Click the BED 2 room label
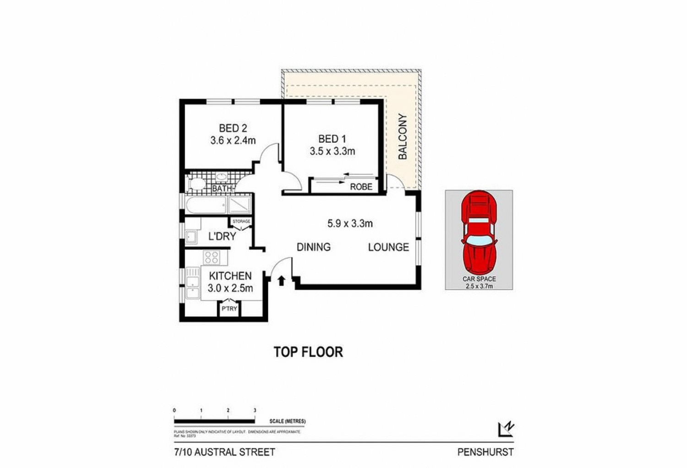(233, 128)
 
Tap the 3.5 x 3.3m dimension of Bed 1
(332, 151)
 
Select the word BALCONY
(403, 136)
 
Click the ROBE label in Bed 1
(361, 187)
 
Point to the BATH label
(222, 189)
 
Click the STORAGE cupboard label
(241, 222)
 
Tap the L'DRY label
(222, 236)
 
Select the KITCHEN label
(230, 276)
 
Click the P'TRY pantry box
(229, 309)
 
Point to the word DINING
(313, 247)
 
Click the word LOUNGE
(388, 247)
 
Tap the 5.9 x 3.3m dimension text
(349, 223)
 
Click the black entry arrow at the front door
(281, 280)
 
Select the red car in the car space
(479, 232)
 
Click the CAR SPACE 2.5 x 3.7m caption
(479, 283)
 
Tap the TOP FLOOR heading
(308, 352)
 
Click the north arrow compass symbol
(506, 429)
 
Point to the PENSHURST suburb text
(485, 452)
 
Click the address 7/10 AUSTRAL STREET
(224, 452)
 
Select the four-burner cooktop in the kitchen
(212, 257)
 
